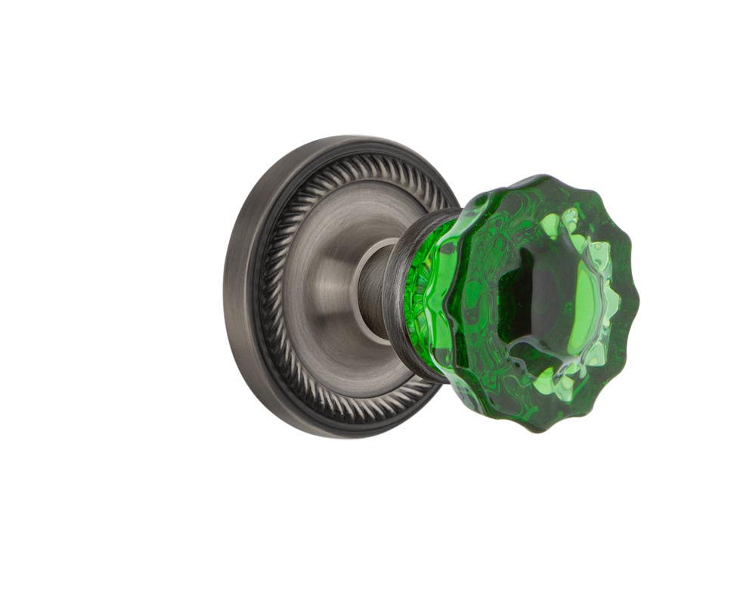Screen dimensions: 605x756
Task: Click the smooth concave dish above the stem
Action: [340, 219]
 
